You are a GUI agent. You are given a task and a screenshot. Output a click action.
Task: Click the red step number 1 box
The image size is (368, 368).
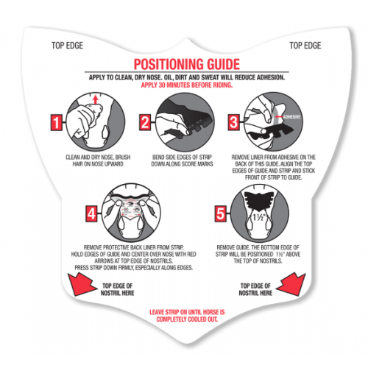coord(57,122)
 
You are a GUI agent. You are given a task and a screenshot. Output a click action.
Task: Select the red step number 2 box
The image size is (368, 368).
coord(145,122)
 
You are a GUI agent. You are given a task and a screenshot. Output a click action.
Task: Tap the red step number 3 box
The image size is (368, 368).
coord(233,122)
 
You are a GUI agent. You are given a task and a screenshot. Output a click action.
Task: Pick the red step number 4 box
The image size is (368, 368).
coord(91,213)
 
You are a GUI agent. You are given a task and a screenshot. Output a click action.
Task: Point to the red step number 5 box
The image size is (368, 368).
coord(220,213)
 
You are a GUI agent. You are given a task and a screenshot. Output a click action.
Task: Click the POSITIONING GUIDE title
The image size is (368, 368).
coord(187,64)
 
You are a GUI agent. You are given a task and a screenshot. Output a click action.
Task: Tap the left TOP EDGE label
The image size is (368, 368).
coord(67,46)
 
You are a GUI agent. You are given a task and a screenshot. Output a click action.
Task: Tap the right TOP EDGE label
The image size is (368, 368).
coord(305,46)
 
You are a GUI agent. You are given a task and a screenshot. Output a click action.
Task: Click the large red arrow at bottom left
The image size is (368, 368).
coord(81,285)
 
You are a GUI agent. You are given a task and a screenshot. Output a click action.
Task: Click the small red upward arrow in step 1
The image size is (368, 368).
coord(96,99)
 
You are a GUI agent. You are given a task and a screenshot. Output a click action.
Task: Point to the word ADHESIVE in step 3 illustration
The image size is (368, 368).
coord(291,117)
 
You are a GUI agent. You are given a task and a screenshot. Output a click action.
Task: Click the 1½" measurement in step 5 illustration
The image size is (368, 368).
coord(258,217)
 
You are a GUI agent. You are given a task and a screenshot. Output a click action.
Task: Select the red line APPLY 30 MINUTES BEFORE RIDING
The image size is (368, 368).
coord(187,85)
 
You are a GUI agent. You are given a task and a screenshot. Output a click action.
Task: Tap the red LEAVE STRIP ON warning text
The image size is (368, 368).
coord(187,316)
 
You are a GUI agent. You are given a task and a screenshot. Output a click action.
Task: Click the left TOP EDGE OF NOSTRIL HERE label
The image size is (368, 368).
coord(117,289)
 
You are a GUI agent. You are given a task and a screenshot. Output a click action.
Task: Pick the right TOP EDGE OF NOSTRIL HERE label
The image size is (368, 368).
coord(255,289)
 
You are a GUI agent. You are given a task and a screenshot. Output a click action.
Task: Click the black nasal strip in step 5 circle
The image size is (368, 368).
coord(258,201)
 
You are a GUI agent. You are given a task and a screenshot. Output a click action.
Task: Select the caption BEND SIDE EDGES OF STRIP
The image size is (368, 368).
coord(182,160)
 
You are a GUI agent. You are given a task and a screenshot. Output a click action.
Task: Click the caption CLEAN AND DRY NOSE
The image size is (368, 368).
coord(98,160)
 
